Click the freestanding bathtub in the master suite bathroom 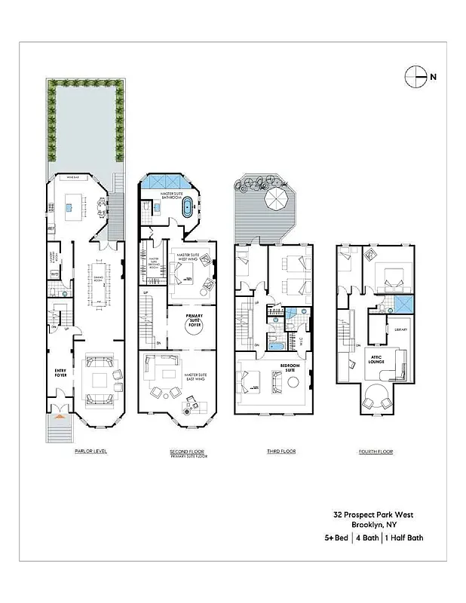pyautogui.click(x=187, y=209)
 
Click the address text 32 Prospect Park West pyautogui.click(x=373, y=516)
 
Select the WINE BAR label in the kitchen pyautogui.click(x=73, y=178)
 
